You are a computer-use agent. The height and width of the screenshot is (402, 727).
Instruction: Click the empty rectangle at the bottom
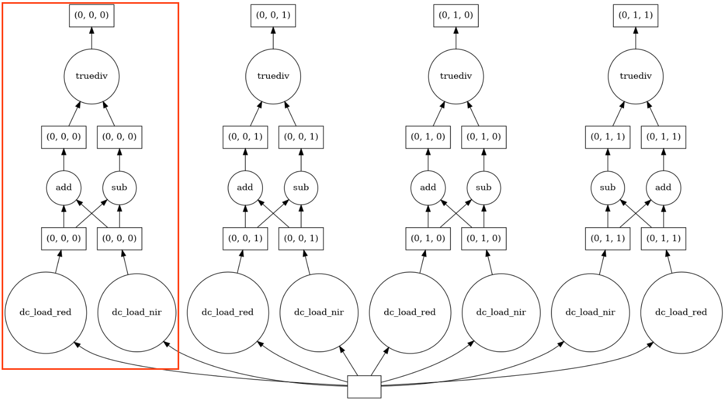(364, 386)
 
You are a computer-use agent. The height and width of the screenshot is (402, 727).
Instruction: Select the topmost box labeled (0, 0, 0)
(91, 15)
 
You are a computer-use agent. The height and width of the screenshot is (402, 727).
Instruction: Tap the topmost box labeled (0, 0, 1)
(273, 15)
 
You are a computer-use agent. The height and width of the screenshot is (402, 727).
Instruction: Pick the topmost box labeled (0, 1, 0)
(456, 15)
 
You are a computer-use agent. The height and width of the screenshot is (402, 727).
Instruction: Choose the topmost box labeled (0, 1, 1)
(636, 15)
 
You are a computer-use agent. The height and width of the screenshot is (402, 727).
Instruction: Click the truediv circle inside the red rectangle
(91, 76)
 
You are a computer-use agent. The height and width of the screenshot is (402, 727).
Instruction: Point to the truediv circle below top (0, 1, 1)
(636, 76)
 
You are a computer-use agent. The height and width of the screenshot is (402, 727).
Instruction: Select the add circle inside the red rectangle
(63, 188)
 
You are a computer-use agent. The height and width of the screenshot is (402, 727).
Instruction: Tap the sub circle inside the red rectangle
(119, 188)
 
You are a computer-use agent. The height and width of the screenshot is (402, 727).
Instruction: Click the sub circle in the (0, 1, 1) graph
(608, 188)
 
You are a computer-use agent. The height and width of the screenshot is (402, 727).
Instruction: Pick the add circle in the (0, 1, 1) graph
(664, 188)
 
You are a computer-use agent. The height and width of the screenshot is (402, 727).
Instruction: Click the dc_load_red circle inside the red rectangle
(46, 312)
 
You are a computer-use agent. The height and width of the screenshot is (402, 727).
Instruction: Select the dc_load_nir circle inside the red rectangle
(137, 312)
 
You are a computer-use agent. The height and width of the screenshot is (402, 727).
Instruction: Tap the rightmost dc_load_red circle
(681, 312)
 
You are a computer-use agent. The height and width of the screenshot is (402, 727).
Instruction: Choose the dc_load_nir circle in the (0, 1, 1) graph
(590, 312)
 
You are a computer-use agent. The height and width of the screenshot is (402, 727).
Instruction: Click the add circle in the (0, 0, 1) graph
(245, 188)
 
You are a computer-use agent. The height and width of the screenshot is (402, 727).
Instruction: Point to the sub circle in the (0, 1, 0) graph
(484, 188)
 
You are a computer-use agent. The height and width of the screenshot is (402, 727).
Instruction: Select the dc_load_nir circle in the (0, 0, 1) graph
(319, 312)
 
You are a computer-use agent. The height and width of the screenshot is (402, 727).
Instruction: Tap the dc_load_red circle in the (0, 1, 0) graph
(410, 312)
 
